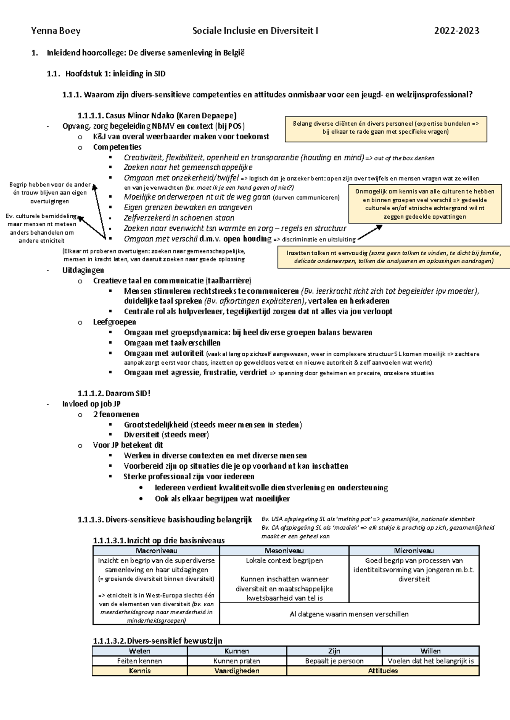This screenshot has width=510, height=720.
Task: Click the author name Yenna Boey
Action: [x=56, y=31]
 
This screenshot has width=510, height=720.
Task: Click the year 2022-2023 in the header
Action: [x=456, y=31]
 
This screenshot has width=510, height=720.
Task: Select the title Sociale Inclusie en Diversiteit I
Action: [x=255, y=31]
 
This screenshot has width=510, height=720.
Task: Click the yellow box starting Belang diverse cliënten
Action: [x=385, y=128]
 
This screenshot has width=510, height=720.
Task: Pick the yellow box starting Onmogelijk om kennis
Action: [x=425, y=204]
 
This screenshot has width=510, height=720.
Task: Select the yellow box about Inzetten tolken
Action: [x=394, y=257]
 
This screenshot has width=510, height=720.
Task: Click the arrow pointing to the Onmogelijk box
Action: [x=370, y=233]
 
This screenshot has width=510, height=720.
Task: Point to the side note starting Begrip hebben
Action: [x=50, y=193]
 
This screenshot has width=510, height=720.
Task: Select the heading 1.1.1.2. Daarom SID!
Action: [x=114, y=394]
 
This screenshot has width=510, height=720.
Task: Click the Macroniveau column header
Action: [x=156, y=551]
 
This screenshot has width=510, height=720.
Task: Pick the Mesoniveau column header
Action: [x=284, y=551]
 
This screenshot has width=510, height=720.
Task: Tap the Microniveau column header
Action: [x=414, y=551]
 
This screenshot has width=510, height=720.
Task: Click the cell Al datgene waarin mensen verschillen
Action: [x=349, y=614]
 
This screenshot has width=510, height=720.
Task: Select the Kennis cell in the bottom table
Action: [x=139, y=671]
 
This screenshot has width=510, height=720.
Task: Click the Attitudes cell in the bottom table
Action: [x=382, y=671]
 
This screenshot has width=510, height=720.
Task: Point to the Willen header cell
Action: [x=430, y=651]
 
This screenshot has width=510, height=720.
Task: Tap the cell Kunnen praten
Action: [x=237, y=661]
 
